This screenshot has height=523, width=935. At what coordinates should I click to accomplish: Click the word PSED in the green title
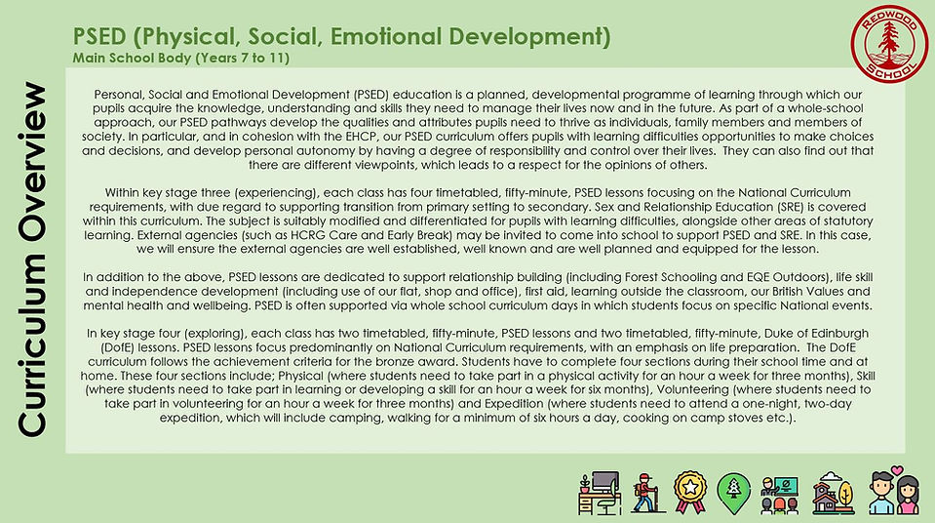(99, 38)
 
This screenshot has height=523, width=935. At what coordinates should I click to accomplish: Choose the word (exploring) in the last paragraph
(201, 337)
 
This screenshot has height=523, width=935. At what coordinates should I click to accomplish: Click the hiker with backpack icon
(644, 494)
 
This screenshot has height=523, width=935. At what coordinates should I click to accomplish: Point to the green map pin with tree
(732, 494)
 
